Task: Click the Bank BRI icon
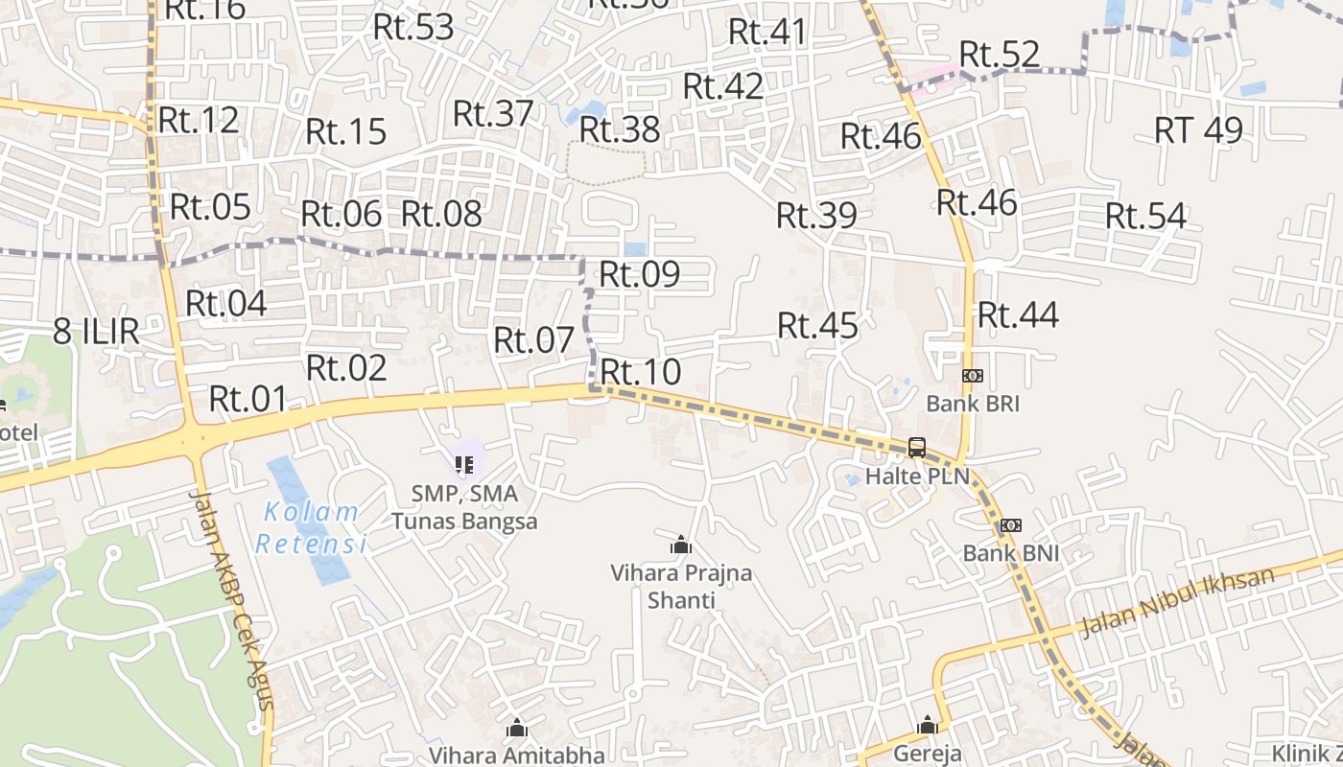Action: (973, 376)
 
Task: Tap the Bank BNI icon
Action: (1011, 525)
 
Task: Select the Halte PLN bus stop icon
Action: (917, 448)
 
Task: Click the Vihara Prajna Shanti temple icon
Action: (681, 546)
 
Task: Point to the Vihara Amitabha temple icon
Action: (517, 728)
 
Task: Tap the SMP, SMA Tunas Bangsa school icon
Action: (464, 466)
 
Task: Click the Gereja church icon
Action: (927, 725)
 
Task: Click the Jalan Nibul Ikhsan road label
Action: (1177, 602)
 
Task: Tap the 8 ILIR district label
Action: (96, 332)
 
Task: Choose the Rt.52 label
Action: (1000, 55)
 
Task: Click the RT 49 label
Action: (1198, 129)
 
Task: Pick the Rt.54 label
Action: (1145, 217)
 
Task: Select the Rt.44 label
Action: (1018, 314)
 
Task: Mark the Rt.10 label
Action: (640, 371)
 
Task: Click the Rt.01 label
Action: (248, 399)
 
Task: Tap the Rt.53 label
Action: (413, 27)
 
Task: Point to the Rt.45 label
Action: (817, 325)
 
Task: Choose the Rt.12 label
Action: (199, 120)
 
